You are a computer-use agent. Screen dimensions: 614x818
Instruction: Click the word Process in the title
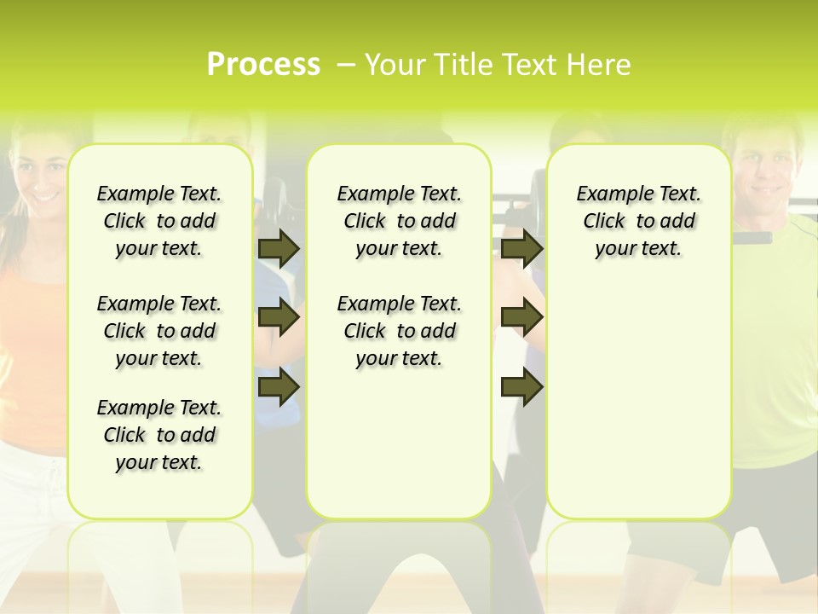coord(263,64)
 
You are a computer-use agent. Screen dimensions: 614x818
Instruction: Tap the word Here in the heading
coord(599,64)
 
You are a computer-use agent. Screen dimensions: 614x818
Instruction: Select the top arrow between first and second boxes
coord(279,249)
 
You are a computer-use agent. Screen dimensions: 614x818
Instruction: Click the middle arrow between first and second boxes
coord(279,318)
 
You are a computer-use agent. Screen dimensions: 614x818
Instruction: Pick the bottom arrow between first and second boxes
coord(279,387)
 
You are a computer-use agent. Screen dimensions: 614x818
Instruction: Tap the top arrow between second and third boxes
coord(522,249)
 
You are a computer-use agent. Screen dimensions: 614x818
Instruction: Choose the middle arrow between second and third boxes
coord(522,318)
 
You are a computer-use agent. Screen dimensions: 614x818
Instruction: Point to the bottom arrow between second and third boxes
coord(522,387)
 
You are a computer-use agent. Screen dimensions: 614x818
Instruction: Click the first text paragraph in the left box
coord(159,221)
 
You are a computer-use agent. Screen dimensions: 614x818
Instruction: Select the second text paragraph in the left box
coord(159,331)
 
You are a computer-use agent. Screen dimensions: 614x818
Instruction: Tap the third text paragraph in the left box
coord(159,435)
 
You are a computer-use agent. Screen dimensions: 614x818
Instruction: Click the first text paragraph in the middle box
coord(399,221)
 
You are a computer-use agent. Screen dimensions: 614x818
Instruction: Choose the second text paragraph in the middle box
coord(399,331)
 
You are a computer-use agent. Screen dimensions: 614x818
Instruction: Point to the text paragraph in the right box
coord(638,221)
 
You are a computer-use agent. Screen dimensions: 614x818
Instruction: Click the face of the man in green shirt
coord(763,171)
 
